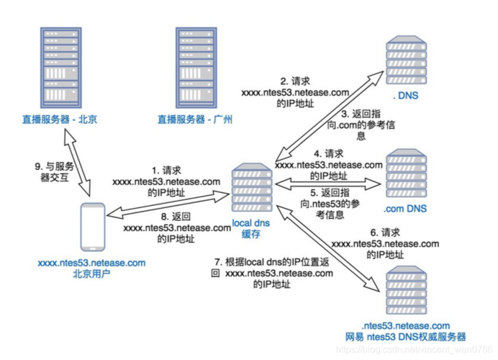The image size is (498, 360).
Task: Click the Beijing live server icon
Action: click(x=58, y=66)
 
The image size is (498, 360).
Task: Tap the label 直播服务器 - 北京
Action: click(x=58, y=120)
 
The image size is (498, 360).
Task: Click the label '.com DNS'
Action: click(x=405, y=209)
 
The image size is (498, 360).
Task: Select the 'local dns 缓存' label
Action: click(x=251, y=230)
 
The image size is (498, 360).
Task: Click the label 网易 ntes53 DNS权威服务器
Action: click(x=405, y=336)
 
